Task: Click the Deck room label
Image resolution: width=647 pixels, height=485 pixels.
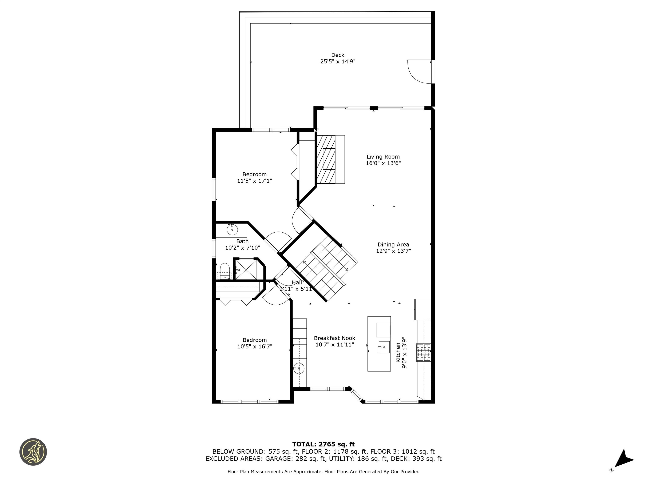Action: (338, 55)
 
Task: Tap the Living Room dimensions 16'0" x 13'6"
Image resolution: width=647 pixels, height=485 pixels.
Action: (383, 163)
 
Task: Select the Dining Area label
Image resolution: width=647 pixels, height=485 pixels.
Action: (393, 244)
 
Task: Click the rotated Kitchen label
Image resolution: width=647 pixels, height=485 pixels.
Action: (398, 353)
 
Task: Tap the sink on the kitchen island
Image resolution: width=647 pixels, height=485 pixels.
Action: (384, 347)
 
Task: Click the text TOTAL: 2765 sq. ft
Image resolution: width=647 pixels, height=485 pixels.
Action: (323, 444)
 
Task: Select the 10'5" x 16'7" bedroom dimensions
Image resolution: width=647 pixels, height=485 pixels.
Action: (254, 346)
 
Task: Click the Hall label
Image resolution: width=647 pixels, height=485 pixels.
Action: (297, 282)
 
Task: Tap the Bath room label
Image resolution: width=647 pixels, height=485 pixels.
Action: (242, 241)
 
